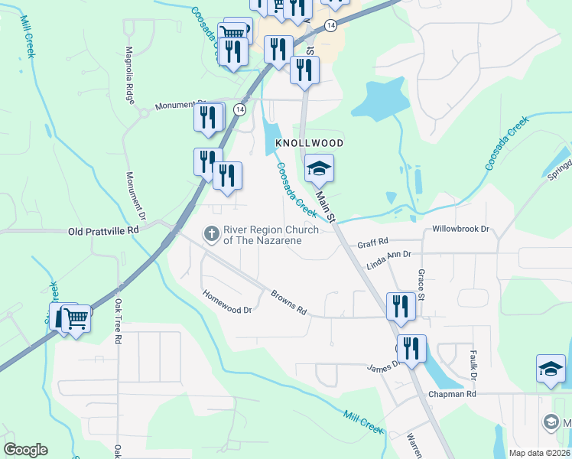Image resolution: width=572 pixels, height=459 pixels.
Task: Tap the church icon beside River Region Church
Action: click(212, 232)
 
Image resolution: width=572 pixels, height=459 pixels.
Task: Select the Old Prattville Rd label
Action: click(104, 230)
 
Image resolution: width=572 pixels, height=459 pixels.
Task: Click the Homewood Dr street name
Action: click(227, 302)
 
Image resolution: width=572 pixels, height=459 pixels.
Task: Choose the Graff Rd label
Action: click(373, 246)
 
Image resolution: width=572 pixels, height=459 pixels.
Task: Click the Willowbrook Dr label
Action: click(460, 229)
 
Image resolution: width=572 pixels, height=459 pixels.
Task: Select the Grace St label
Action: click(420, 284)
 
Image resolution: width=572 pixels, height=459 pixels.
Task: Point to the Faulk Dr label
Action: click(473, 366)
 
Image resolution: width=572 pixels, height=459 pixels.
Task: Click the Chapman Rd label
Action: click(454, 393)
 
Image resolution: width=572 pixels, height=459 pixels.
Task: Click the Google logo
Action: click(25, 450)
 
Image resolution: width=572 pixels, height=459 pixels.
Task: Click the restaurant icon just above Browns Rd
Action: click(401, 306)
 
